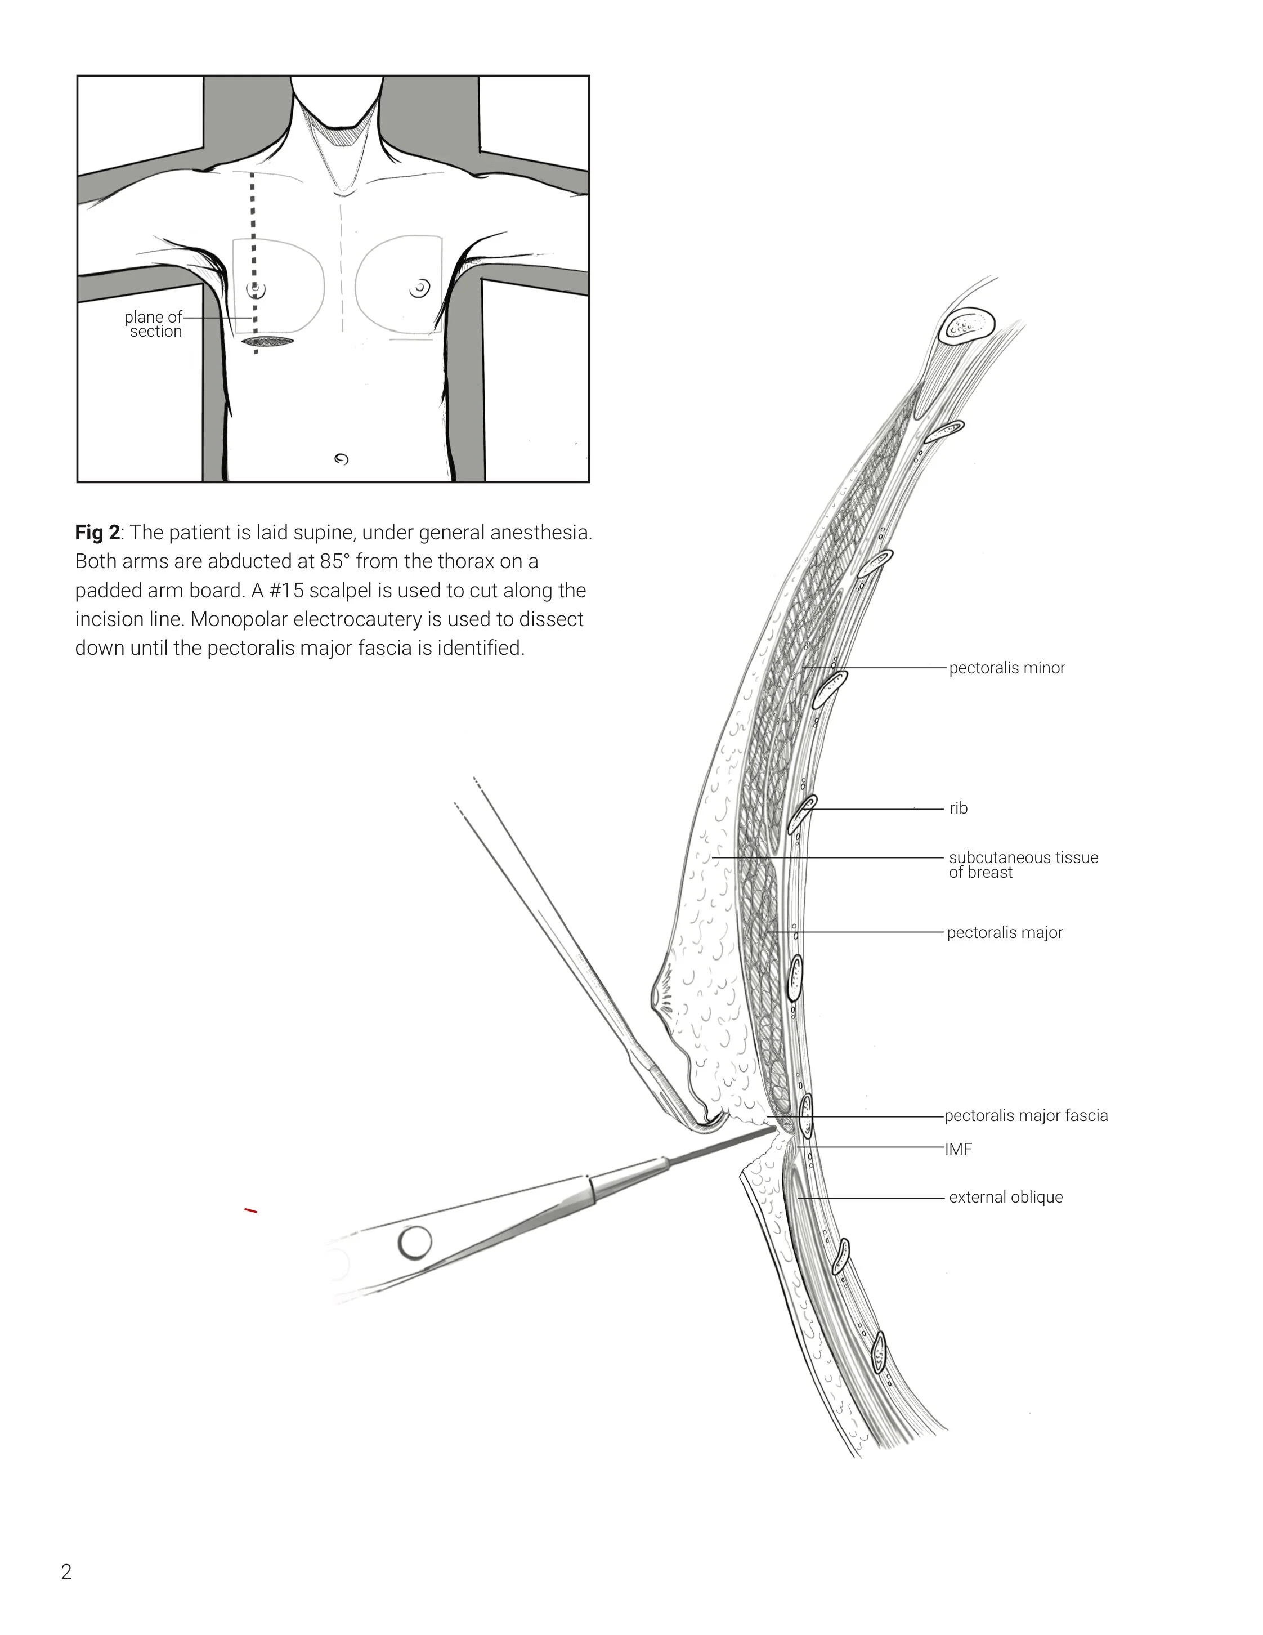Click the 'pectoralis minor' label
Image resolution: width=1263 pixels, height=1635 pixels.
tap(1006, 668)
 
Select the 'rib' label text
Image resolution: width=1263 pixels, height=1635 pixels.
tap(959, 808)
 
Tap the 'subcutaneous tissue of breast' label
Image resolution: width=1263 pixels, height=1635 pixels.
tap(1023, 865)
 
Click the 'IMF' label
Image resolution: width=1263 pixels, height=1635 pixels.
tap(959, 1149)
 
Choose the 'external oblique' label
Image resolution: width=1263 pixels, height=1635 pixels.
tap(1006, 1197)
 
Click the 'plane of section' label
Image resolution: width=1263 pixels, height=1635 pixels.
tap(154, 324)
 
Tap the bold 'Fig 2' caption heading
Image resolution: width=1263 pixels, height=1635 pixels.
tap(97, 533)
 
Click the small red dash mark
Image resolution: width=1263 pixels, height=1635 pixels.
tap(250, 1210)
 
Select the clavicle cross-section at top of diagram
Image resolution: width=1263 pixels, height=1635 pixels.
tap(968, 327)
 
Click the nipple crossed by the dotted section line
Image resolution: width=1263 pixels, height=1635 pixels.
tap(257, 288)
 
